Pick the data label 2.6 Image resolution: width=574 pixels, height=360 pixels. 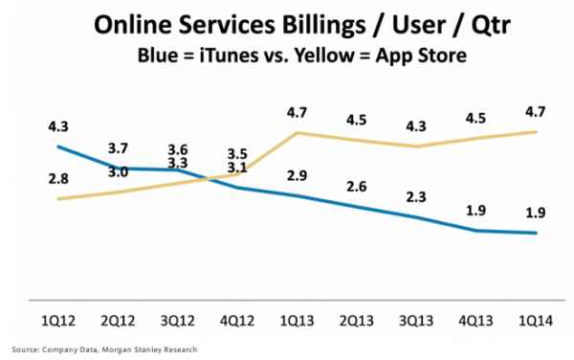click(x=357, y=186)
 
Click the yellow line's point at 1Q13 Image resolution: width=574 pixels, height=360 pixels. click(x=298, y=132)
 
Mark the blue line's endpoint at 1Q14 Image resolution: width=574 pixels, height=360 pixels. click(x=535, y=233)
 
